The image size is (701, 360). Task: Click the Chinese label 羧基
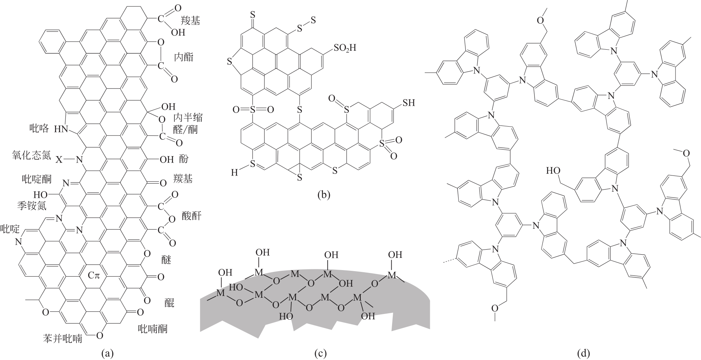(x=190, y=20)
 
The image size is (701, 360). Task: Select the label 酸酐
(x=192, y=216)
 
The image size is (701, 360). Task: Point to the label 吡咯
(x=39, y=128)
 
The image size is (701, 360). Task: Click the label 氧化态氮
(x=31, y=155)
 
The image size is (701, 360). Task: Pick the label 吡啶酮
(x=36, y=179)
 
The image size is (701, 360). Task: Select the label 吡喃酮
(x=153, y=328)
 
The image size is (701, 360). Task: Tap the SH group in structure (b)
(x=408, y=103)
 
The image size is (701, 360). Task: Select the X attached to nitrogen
(x=59, y=160)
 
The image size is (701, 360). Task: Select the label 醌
(x=169, y=302)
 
